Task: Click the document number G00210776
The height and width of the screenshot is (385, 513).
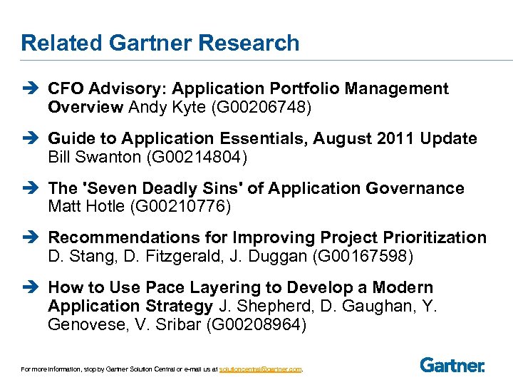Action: click(194, 207)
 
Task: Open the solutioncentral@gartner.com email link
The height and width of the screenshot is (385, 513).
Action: click(260, 369)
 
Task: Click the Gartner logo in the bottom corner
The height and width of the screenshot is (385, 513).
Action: click(452, 365)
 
